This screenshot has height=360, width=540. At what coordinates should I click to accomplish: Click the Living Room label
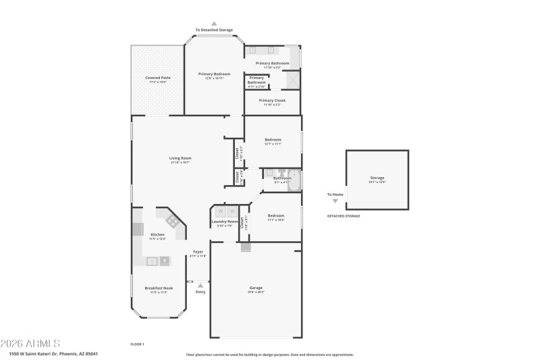(180, 158)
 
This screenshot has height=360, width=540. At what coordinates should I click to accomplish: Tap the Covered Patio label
(158, 78)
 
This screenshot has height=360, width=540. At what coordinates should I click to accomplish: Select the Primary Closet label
(272, 100)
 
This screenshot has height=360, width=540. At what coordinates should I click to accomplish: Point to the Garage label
(256, 288)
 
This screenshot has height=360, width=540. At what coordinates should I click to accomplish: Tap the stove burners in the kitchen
(171, 221)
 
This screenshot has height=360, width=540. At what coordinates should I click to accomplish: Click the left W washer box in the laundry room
(220, 211)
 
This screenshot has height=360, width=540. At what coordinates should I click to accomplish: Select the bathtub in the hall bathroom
(295, 180)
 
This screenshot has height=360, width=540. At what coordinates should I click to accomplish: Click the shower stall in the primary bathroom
(292, 79)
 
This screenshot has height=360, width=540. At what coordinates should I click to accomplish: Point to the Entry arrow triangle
(200, 285)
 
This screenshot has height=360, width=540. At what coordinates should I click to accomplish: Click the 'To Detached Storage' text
(214, 30)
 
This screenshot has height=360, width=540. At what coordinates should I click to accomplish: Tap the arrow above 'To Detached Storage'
(214, 23)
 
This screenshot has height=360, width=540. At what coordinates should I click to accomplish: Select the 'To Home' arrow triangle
(335, 201)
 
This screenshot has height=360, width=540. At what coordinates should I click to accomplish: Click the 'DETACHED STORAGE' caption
(344, 216)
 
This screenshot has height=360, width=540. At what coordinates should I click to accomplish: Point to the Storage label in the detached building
(377, 178)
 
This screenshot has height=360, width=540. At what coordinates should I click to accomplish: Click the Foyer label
(198, 251)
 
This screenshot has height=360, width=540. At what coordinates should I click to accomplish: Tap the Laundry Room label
(224, 222)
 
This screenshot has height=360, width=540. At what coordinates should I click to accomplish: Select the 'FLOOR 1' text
(137, 344)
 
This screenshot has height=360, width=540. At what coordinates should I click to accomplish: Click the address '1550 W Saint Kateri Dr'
(40, 353)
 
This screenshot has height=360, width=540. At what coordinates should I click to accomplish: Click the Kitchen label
(157, 234)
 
